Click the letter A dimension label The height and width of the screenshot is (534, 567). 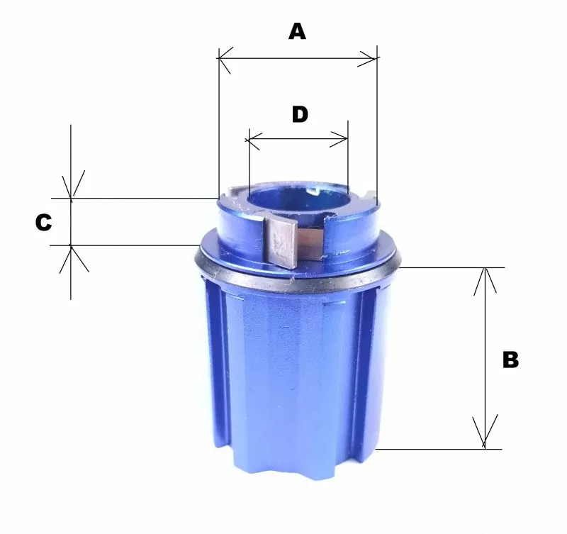click(297, 31)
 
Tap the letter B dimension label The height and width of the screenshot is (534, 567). click(510, 360)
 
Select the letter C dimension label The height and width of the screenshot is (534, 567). click(43, 222)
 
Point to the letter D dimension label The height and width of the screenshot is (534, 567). click(300, 114)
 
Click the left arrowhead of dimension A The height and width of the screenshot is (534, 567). click(225, 60)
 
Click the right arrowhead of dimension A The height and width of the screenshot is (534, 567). click(368, 58)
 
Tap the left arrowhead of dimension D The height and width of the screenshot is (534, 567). click(252, 140)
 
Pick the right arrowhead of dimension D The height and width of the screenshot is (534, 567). click(339, 139)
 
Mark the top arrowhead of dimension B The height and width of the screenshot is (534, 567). click(485, 281)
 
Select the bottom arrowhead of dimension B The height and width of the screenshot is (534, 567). click(485, 432)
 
